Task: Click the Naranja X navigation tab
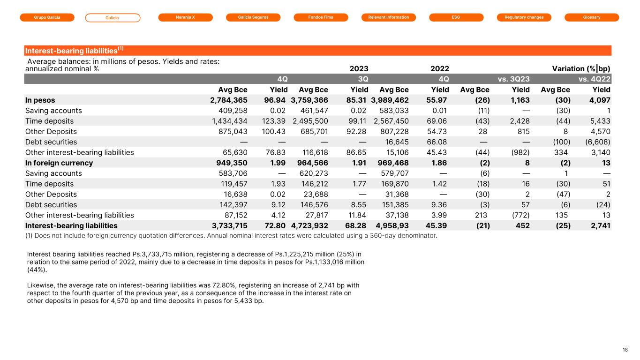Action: click(x=186, y=17)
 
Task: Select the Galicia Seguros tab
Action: click(x=253, y=17)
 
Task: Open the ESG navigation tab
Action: click(x=456, y=17)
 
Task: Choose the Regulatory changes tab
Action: click(x=524, y=17)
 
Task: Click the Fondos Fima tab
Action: click(x=321, y=17)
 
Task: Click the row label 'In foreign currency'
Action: click(x=59, y=163)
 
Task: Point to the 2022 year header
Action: click(x=439, y=68)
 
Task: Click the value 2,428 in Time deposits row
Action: click(x=519, y=121)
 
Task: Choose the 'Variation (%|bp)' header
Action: click(x=581, y=68)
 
